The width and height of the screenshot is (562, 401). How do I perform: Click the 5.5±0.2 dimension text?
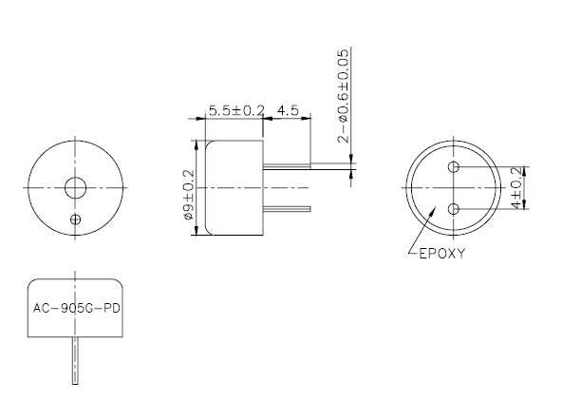(234, 110)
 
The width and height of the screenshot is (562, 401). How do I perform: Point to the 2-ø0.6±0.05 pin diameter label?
(344, 94)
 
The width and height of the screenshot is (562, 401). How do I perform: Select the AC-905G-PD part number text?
(76, 310)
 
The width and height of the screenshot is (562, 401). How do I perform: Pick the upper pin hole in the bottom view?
(455, 168)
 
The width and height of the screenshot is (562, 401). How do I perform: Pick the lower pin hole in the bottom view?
(455, 208)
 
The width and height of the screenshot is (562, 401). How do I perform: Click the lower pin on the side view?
(285, 208)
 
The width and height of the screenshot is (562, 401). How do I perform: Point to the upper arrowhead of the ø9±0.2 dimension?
(197, 144)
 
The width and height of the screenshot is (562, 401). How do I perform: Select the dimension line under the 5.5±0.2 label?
(234, 119)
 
